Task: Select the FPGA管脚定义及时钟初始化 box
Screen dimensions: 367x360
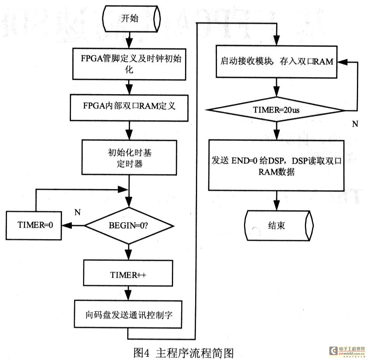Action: coord(129,64)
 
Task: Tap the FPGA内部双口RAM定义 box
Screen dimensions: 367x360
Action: coord(129,107)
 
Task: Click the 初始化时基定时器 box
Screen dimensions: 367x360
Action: coord(129,157)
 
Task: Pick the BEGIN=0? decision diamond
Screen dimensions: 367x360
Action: coord(129,226)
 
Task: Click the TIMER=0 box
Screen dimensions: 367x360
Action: coord(34,226)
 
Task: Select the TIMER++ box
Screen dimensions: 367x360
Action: coord(128,273)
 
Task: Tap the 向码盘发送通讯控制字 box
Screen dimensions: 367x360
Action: coord(128,314)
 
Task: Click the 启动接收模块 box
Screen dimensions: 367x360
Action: coord(277,62)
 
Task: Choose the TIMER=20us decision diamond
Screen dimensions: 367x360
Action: coord(277,109)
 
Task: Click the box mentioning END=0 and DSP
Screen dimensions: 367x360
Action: coord(277,165)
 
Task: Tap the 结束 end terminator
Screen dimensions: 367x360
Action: coord(279,226)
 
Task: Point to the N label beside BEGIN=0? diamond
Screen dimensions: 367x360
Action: coord(78,212)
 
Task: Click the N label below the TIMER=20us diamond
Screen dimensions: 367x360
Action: coord(355,124)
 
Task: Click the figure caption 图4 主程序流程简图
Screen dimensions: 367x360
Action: coord(183,353)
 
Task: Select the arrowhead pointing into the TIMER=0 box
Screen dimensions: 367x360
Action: coord(66,226)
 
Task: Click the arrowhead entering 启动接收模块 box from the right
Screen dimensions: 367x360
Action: coord(342,62)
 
